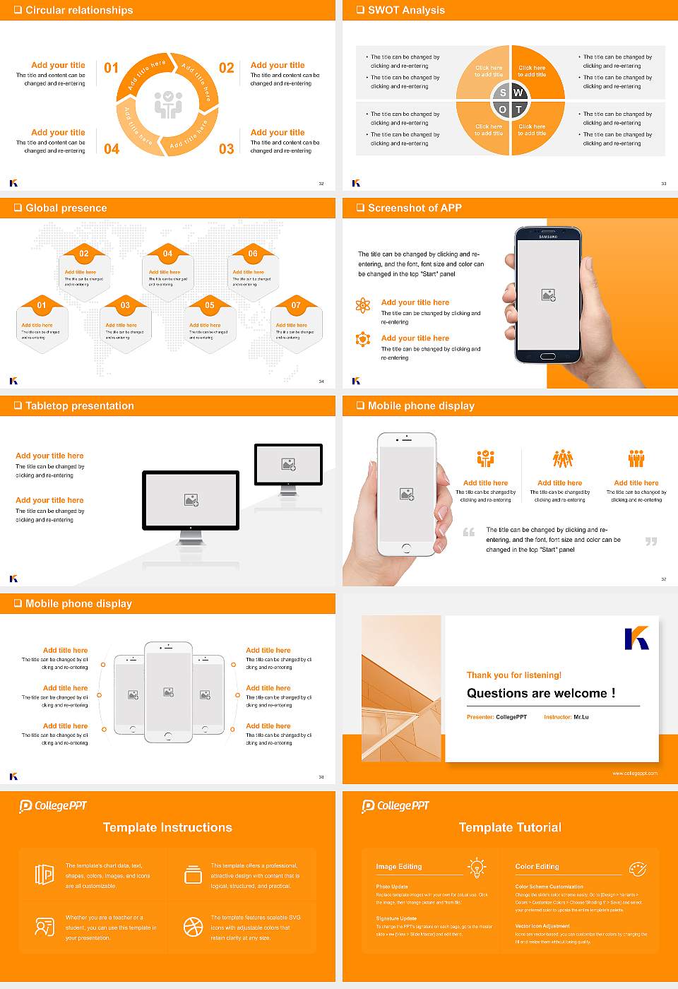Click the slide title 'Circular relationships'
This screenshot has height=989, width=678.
(79, 11)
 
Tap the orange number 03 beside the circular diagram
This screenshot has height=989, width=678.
(226, 149)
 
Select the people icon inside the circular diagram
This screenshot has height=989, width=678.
(168, 105)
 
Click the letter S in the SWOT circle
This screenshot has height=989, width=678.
(503, 93)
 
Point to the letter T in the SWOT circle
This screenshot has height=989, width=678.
(518, 109)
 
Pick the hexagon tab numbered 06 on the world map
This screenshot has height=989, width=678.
(253, 254)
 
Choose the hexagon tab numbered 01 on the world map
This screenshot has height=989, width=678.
(42, 305)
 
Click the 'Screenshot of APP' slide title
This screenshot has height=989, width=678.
(415, 208)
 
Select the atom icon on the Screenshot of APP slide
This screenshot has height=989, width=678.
(363, 305)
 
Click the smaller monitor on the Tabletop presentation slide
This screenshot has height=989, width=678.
(288, 465)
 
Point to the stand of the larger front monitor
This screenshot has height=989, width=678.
(191, 538)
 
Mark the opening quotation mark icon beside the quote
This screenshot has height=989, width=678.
(469, 532)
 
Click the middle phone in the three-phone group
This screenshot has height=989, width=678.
(168, 692)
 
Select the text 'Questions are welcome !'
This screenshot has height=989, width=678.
(540, 694)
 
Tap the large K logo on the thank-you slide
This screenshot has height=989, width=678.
(636, 638)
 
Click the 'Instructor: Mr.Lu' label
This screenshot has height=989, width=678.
(566, 717)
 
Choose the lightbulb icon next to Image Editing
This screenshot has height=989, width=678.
(477, 867)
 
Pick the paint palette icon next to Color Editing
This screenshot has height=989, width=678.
(637, 868)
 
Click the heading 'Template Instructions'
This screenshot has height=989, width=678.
(167, 828)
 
